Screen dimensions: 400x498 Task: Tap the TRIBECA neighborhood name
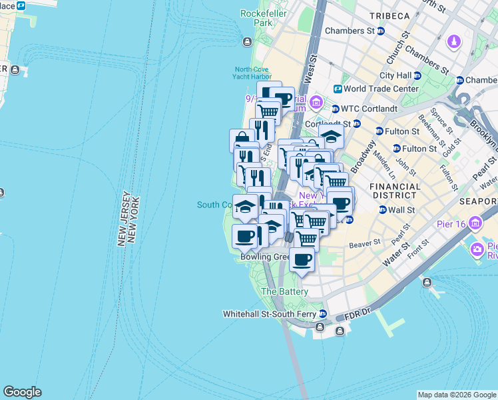click(387, 15)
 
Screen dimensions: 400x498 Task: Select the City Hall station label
click(396, 76)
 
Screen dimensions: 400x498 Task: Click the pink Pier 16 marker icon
click(477, 223)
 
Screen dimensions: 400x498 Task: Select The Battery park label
click(284, 292)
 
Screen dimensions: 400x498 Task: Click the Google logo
click(22, 392)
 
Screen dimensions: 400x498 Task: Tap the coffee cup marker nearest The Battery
click(302, 259)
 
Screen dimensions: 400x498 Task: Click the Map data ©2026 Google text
click(456, 395)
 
